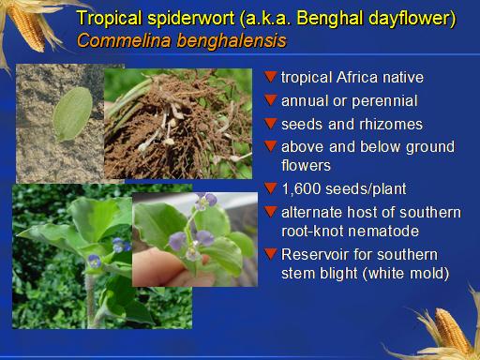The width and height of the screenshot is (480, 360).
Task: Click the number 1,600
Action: tap(302, 189)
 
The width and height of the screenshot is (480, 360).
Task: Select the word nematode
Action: tap(383, 232)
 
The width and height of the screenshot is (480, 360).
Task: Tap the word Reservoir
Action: tap(312, 254)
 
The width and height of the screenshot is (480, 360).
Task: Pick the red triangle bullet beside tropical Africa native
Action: tap(270, 77)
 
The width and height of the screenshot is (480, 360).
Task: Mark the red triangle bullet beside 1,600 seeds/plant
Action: tap(270, 188)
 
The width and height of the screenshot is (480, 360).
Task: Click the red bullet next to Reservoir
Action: tap(270, 254)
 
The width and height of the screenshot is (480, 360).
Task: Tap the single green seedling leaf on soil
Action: tap(72, 113)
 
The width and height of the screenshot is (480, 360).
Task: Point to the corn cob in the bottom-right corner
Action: tap(452, 331)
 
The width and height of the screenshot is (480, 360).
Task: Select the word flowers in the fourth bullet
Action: tap(306, 165)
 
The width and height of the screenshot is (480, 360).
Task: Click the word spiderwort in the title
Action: tap(191, 19)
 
